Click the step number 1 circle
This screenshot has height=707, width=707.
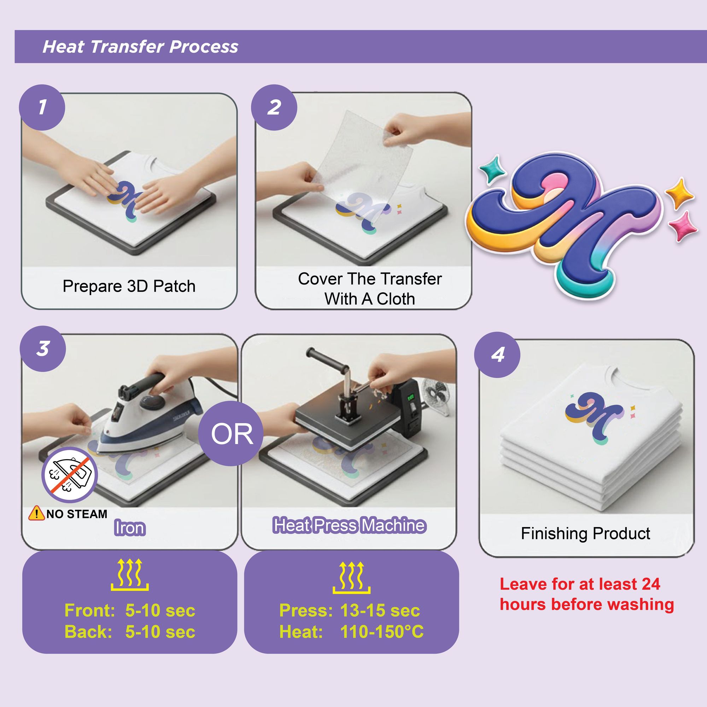[42, 107]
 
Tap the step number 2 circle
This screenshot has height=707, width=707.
[274, 107]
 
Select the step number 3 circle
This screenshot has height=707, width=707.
[43, 349]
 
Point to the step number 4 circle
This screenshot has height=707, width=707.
[497, 355]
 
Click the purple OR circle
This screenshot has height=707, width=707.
[232, 434]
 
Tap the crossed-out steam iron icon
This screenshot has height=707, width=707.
[70, 475]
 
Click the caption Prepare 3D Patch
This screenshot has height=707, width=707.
[129, 286]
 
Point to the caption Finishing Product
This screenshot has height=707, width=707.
[585, 533]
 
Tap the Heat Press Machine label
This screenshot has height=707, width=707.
[350, 526]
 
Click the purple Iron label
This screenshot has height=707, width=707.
[130, 528]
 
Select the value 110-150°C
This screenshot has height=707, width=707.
[382, 632]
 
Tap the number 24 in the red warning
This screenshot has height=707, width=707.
[651, 584]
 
